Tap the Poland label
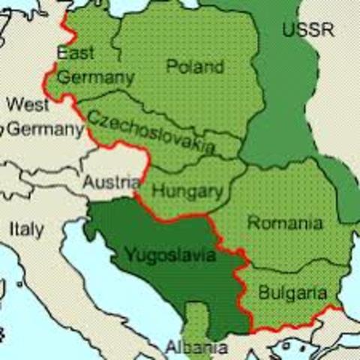coord(194,67)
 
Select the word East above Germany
coord(75,54)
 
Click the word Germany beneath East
coord(95,77)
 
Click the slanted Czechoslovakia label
coord(151,131)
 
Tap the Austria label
coord(110,182)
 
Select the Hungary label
coord(187,191)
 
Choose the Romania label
coord(285,223)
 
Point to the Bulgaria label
coord(292,292)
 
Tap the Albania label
coord(197,348)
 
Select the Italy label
coord(26,228)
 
